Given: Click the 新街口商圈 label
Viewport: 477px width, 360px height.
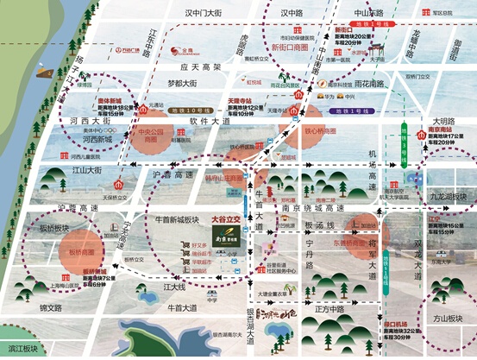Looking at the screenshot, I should (x=288, y=47).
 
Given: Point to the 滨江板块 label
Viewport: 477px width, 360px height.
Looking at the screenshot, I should (x=22, y=349).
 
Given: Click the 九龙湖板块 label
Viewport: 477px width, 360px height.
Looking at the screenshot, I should (x=449, y=197).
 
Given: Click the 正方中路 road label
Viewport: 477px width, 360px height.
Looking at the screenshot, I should (x=330, y=306).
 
